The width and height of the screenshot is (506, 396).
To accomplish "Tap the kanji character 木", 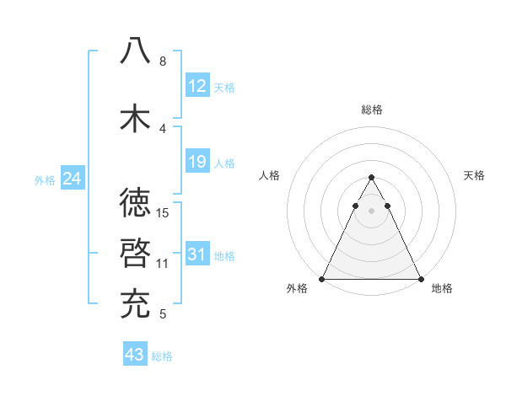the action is click(135, 118).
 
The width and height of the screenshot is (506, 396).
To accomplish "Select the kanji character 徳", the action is click(135, 202).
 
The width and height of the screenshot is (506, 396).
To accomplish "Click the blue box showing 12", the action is click(197, 85).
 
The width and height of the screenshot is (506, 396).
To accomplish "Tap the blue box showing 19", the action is click(197, 161).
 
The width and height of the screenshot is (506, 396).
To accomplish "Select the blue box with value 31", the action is click(197, 254).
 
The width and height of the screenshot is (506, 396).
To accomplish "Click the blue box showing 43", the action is click(135, 355).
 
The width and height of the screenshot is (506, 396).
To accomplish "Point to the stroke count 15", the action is click(164, 212).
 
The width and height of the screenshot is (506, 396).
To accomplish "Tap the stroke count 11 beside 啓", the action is click(164, 263).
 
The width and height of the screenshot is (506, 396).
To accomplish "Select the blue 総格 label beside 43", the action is click(162, 356).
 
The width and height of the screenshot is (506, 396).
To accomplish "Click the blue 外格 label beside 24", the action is click(45, 179).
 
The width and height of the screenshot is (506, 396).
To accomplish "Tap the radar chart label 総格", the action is click(371, 110).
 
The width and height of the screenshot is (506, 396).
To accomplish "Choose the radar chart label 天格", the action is click(474, 175).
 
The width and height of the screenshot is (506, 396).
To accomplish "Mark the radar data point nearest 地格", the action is click(420, 279).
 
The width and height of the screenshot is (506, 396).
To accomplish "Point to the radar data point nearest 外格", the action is click(322, 279).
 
